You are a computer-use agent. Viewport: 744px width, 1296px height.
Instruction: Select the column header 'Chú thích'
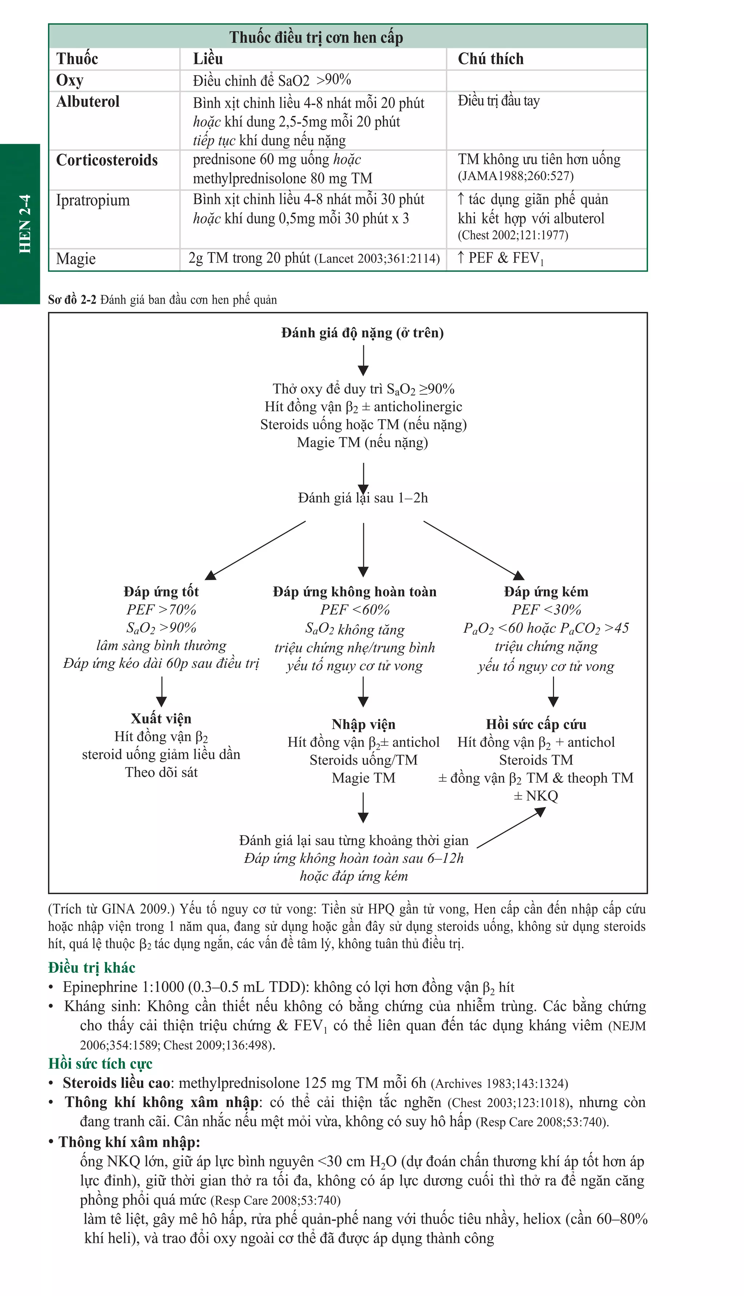(490, 59)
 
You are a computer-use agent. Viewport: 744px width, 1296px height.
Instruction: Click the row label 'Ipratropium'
(93, 200)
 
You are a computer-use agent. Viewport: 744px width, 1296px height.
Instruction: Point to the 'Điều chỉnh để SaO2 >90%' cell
(272, 80)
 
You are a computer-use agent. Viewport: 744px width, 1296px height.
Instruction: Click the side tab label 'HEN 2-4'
(25, 224)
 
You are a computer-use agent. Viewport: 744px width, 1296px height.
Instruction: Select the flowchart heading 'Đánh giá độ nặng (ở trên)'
(362, 333)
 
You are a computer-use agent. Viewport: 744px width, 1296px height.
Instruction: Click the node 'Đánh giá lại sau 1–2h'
(363, 498)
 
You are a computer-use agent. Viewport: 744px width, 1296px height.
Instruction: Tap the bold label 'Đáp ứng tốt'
(161, 592)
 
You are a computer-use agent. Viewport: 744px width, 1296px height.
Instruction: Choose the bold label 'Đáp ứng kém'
(546, 592)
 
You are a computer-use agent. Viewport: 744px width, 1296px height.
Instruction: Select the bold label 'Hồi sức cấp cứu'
(536, 724)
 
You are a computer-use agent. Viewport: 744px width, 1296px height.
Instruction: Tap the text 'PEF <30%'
(546, 609)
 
